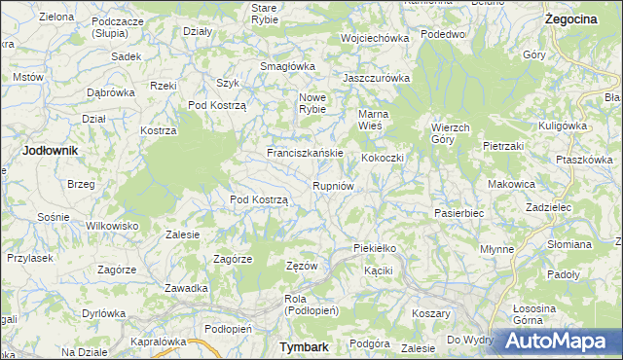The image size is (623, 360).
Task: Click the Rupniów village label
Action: click(339, 186)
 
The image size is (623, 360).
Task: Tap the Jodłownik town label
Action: click(50, 151)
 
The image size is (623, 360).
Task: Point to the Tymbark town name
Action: click(303, 346)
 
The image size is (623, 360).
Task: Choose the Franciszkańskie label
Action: click(306, 154)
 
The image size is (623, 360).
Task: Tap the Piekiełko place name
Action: click(375, 249)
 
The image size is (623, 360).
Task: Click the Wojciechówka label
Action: click(374, 38)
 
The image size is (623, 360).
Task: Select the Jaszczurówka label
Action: click(377, 78)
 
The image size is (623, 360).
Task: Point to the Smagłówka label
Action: click(283, 66)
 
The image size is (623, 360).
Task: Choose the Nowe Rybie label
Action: click(311, 103)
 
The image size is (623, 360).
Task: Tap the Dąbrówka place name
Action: click(110, 92)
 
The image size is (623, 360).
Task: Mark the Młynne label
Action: click(496, 249)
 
